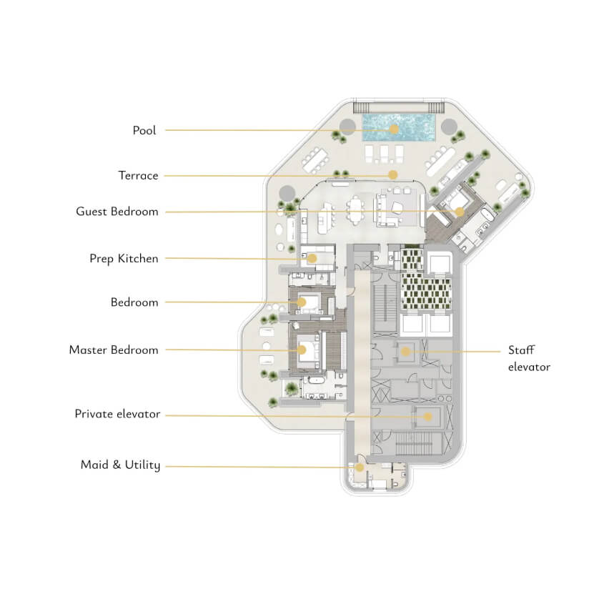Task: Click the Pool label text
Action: click(144, 131)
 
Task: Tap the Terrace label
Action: click(138, 176)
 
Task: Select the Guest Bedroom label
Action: click(117, 212)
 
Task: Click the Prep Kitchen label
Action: click(124, 259)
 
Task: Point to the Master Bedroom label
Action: click(114, 350)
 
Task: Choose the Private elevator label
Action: click(117, 414)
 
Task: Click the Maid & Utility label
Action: click(120, 465)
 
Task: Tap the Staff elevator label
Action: click(529, 359)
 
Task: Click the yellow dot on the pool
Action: click(394, 129)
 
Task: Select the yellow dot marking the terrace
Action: click(393, 175)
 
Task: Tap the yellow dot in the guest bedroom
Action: click(460, 212)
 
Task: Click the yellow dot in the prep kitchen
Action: click(312, 258)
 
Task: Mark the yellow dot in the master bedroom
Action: click(302, 350)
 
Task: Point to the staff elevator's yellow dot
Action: click(405, 352)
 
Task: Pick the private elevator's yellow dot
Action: click(427, 417)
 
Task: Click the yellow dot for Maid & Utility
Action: click(360, 467)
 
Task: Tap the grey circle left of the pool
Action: click(347, 127)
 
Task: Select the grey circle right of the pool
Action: click(449, 127)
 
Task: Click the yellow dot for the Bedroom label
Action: click(302, 302)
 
